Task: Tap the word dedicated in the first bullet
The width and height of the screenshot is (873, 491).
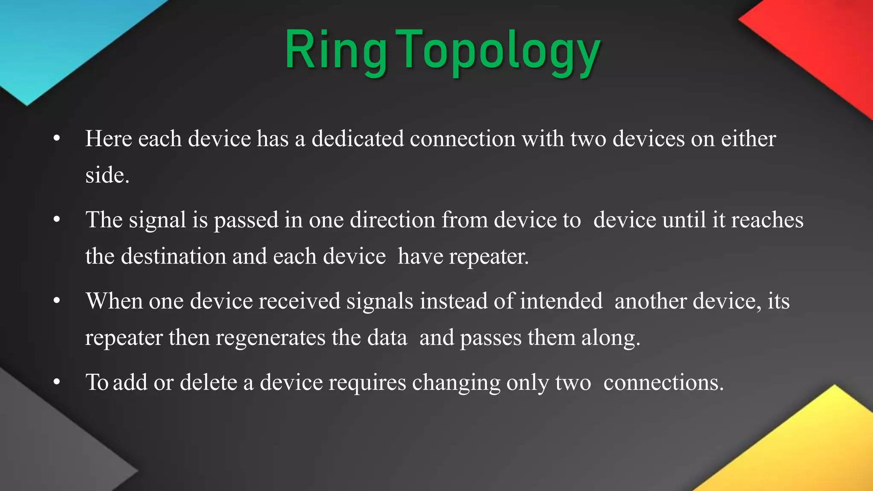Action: point(358,139)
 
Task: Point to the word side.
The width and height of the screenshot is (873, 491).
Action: point(107,176)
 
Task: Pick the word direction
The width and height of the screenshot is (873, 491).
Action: point(393,220)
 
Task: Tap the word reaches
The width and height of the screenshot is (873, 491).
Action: point(767,220)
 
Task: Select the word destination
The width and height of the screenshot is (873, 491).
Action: point(173,257)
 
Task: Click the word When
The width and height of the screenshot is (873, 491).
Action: point(114,301)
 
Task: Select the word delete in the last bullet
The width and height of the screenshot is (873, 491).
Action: point(208,382)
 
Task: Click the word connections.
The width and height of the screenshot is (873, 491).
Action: point(663,382)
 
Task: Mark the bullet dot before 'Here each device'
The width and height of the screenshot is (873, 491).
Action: point(57,139)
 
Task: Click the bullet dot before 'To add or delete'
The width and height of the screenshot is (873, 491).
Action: point(57,382)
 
